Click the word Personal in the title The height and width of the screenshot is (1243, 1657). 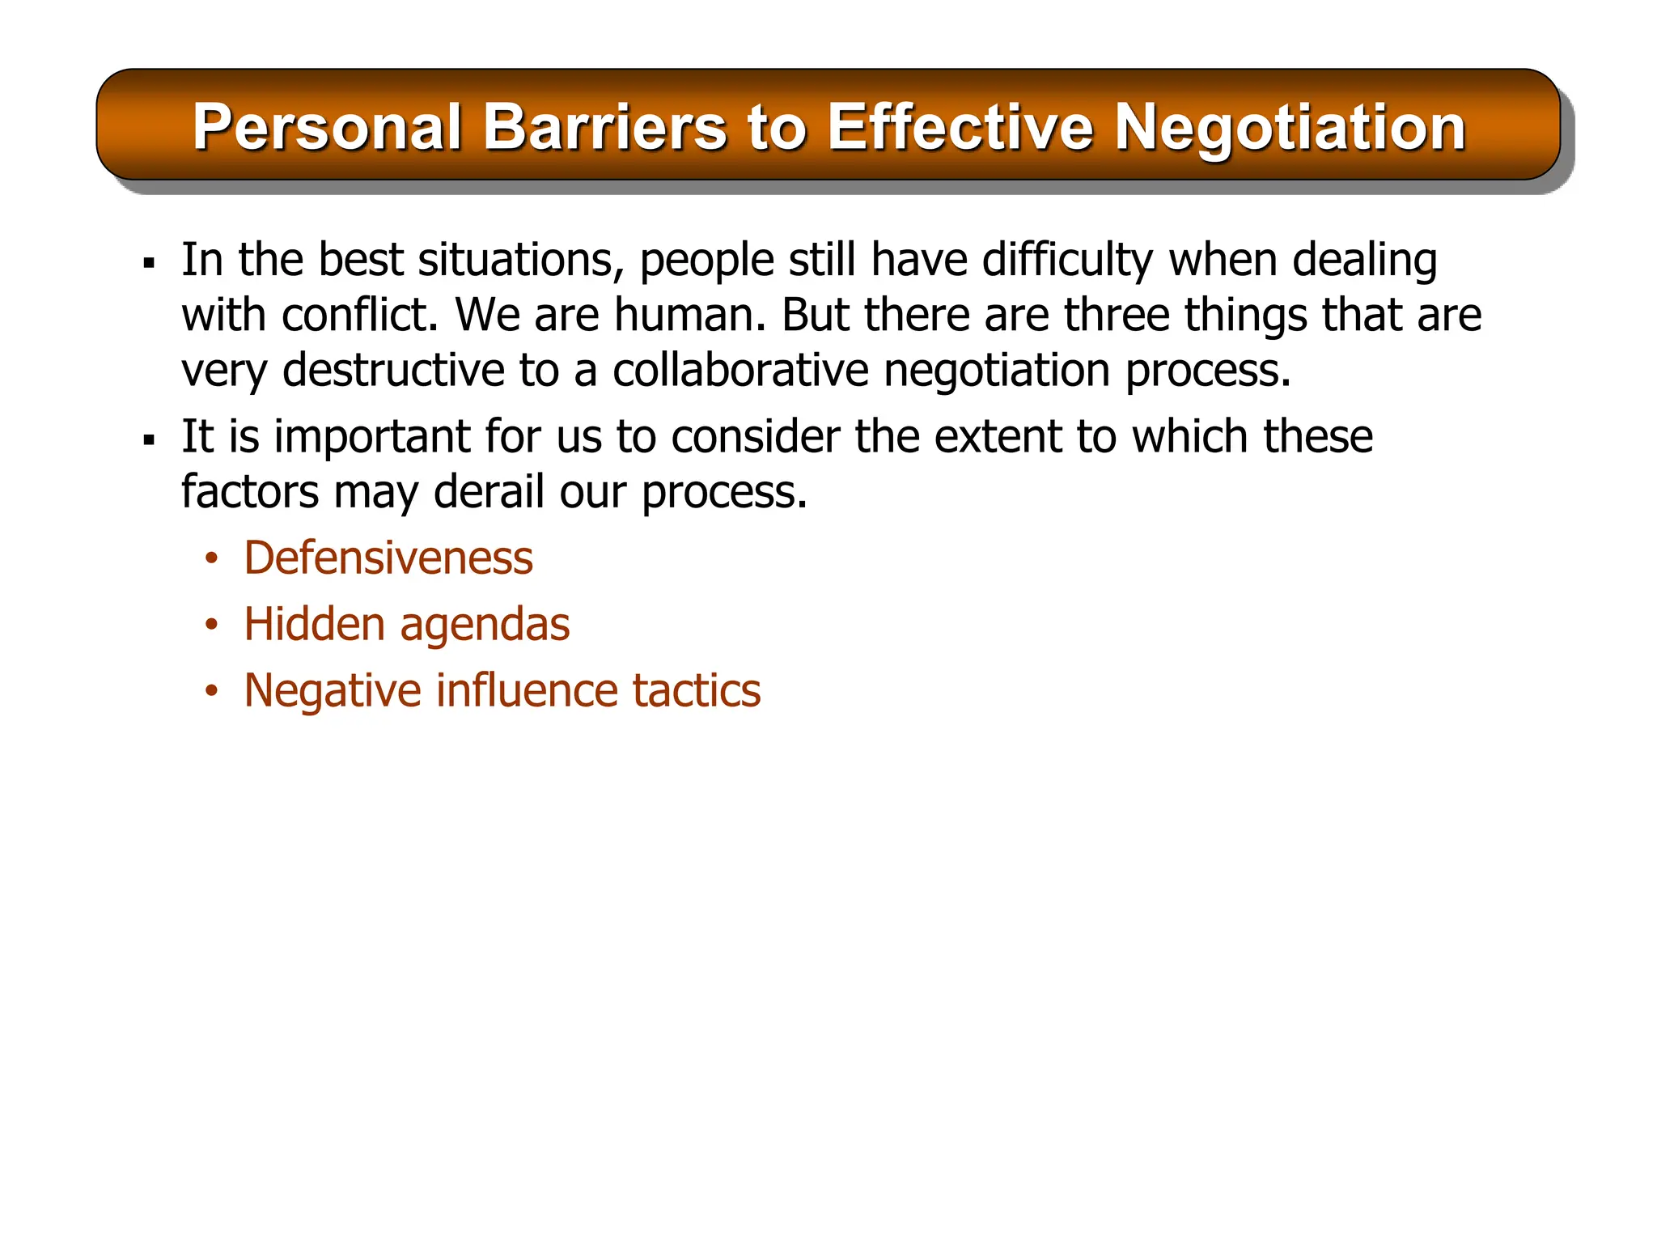327,128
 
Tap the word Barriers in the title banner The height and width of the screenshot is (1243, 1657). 604,128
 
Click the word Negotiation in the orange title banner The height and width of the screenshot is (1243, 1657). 1290,128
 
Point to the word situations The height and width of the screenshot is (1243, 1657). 519,261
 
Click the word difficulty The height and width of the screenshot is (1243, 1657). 1067,261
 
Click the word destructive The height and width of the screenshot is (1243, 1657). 393,371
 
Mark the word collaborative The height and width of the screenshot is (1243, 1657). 740,371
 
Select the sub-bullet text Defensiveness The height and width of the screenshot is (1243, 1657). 388,558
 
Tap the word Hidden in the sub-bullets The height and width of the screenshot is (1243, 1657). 314,625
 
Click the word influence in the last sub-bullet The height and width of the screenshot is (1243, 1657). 528,691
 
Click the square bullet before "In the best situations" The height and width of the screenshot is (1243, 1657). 148,263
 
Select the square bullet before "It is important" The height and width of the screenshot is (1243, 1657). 148,440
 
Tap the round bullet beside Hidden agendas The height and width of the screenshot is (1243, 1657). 211,625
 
